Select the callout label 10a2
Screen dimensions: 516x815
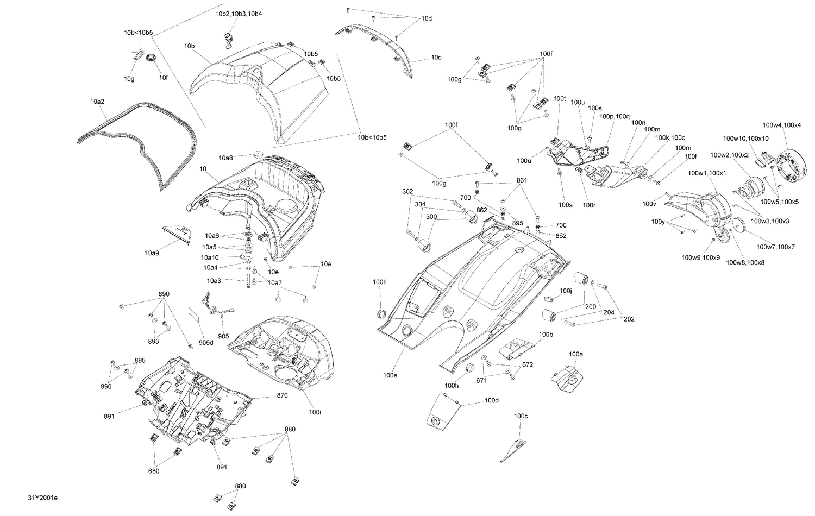coord(97,102)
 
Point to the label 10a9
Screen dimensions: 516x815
coord(152,253)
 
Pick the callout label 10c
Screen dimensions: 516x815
coord(436,57)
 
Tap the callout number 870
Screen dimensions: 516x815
coord(282,395)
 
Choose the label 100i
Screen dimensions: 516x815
coord(315,412)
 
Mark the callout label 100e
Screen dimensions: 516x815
coord(390,375)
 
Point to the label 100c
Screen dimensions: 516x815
coord(521,416)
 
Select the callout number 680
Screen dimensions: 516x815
coord(154,471)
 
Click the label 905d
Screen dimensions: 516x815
coord(206,342)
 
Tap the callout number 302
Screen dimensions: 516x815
coord(407,191)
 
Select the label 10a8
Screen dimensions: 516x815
coord(226,158)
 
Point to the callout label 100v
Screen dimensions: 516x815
coord(649,204)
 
